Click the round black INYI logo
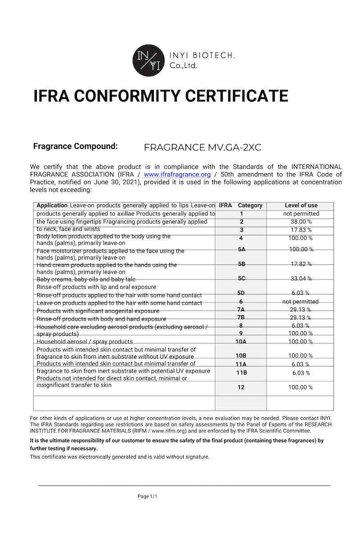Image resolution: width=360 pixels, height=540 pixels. point(148,60)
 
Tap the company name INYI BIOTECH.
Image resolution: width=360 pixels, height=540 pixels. point(202,55)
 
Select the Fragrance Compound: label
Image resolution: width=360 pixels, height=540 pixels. point(76,146)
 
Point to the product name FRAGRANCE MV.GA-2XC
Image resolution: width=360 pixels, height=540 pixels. point(202,147)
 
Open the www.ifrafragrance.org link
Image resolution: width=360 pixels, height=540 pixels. point(177,175)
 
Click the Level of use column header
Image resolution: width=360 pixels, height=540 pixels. point(301,205)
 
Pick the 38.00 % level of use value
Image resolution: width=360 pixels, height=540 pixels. point(301,222)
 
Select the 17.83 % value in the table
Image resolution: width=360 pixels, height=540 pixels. point(301,230)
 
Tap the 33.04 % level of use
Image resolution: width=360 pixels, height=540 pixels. point(301,279)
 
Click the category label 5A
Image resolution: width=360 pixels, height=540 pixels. point(242,249)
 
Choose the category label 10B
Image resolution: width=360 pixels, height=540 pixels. point(241,355)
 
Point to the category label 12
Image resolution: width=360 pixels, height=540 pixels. point(241,387)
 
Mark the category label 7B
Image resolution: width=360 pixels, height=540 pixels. point(241,318)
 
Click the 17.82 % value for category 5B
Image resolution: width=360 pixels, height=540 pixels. point(301,264)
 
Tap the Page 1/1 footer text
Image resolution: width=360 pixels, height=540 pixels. point(148,496)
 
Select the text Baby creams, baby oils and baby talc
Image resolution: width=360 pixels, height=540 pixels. point(86,279)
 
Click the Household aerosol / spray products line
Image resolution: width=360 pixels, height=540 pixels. point(85,342)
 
